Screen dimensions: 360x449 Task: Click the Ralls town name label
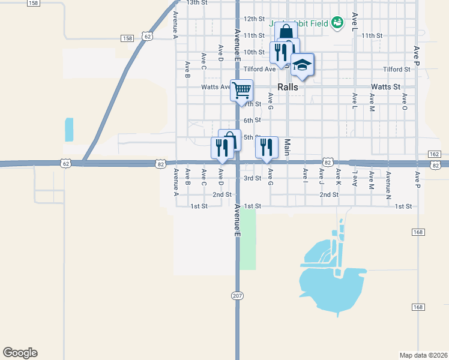coord(288,87)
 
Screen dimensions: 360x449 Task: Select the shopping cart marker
coord(241,90)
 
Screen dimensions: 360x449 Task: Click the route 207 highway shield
coord(238,295)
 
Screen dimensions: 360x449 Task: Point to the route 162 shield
coord(435,154)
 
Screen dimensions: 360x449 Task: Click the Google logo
coord(20,353)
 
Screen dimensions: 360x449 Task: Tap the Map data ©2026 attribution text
coord(423,355)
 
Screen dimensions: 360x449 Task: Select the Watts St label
coord(385,87)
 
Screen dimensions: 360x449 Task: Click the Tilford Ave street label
coord(259,69)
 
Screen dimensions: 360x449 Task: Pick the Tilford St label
coord(396,70)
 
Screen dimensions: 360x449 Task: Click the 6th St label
coord(252,121)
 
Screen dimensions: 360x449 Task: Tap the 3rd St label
coord(252,178)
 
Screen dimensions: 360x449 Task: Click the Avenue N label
coord(388,183)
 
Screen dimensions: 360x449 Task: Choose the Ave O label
coord(405,101)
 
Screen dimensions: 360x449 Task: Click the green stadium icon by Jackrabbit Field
coord(338,23)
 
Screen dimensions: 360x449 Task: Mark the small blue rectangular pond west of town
coord(69,130)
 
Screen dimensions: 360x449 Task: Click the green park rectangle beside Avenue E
coord(248,240)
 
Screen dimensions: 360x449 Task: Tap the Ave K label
coord(339,176)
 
